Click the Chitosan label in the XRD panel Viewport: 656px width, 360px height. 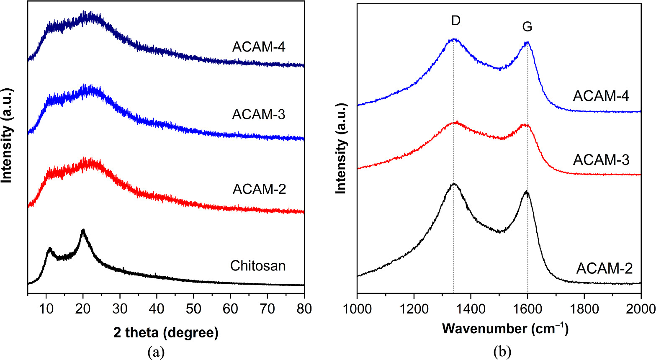click(x=258, y=266)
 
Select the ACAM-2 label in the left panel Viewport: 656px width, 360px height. click(x=259, y=189)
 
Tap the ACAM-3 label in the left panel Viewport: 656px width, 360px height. click(x=259, y=114)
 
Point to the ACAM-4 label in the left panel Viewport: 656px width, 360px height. click(x=259, y=47)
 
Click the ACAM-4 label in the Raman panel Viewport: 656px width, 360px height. click(x=601, y=96)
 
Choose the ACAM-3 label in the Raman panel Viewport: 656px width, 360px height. click(x=601, y=160)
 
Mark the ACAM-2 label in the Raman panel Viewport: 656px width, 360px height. click(x=604, y=268)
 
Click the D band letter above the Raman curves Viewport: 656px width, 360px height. click(x=456, y=21)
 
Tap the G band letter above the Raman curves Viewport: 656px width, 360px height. click(x=527, y=27)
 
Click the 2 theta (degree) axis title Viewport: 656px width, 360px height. click(x=166, y=333)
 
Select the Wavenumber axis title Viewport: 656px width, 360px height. click(x=505, y=329)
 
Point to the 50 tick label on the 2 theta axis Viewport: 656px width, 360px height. click(x=193, y=309)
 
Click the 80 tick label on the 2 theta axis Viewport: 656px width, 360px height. click(x=304, y=309)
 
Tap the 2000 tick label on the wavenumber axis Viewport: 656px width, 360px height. click(x=641, y=309)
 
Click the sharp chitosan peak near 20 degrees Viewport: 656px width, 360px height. click(x=83, y=230)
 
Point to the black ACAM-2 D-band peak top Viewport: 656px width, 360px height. click(x=454, y=184)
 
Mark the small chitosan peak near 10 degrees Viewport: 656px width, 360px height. click(x=50, y=249)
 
